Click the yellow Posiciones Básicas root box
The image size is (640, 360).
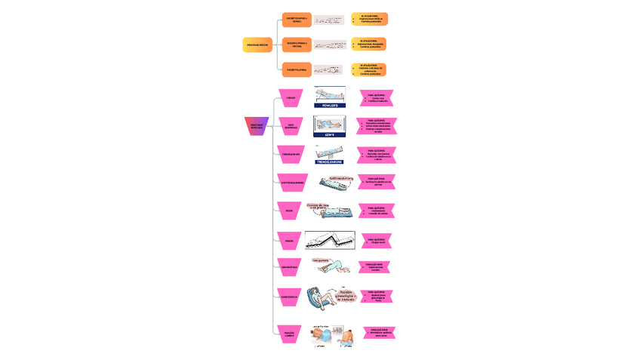257,45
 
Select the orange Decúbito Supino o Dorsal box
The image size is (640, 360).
297,20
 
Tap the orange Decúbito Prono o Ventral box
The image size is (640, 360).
297,45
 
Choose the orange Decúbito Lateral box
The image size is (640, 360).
297,69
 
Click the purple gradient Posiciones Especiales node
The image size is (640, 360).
257,126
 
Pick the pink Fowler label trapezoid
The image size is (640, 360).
291,98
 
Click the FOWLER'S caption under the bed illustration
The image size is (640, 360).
330,106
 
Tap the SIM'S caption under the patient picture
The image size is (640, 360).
330,134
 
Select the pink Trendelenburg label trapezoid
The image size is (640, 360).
291,154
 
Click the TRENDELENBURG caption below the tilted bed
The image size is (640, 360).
329,162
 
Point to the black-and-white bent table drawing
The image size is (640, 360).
330,241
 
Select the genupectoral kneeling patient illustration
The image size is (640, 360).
331,266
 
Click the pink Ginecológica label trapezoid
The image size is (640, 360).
289,297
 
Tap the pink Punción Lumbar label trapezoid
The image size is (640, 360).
289,334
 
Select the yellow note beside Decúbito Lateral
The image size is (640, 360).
369,69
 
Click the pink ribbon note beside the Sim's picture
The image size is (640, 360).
376,126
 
